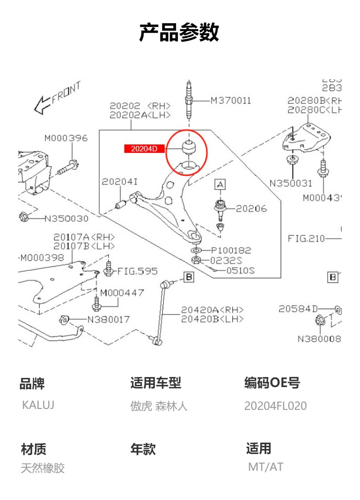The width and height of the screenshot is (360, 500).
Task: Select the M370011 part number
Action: click(231, 101)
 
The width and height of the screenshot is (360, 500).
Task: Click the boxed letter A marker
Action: click(220, 184)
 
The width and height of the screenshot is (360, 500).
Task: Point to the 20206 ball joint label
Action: click(251, 209)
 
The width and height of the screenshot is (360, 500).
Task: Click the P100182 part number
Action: click(231, 250)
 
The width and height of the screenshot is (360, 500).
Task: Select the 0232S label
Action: click(226, 260)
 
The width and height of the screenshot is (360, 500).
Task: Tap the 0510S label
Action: click(241, 270)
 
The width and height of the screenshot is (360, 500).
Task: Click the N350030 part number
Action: click(66, 219)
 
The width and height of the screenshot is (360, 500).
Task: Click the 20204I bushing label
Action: click(119, 182)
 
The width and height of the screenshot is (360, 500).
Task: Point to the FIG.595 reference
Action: click(137, 271)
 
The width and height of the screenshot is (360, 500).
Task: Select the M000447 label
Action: click(122, 293)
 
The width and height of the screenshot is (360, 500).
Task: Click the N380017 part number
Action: click(108, 319)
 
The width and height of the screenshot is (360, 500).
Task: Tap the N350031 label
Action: click(291, 184)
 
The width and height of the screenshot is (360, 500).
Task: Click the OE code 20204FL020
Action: click(275, 406)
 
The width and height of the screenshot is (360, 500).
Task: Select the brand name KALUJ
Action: click(38, 405)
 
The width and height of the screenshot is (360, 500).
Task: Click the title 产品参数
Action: click(179, 33)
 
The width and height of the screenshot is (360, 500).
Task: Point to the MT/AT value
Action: click(265, 467)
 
